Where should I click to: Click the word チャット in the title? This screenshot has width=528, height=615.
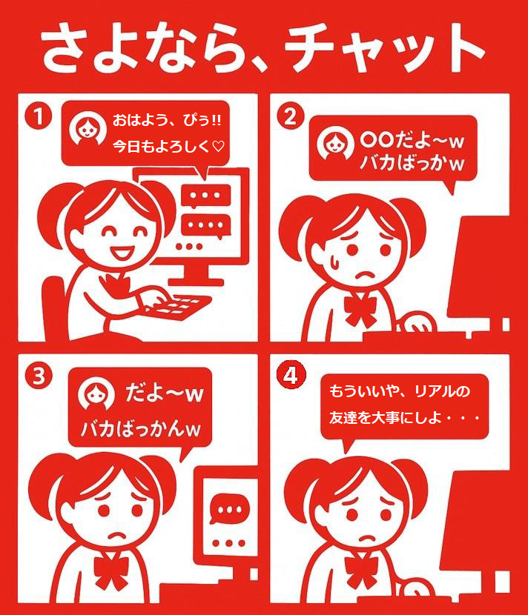(386, 48)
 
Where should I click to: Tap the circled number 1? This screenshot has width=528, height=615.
(38, 116)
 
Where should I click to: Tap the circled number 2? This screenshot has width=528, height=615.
(291, 116)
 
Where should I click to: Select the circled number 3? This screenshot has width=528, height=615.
(39, 376)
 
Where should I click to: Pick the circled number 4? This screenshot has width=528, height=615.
(291, 375)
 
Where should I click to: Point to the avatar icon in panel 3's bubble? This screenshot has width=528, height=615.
(96, 393)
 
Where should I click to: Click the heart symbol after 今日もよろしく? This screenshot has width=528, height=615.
(218, 147)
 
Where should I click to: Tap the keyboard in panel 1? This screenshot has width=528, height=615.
(179, 306)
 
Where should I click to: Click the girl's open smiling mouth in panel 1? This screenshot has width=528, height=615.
(122, 251)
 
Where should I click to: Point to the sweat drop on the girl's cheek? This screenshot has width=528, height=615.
(334, 262)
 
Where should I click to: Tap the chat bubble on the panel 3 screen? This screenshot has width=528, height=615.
(230, 509)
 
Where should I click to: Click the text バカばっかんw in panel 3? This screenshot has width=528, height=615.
(141, 429)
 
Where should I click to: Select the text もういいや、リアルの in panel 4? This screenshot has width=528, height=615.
(399, 391)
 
